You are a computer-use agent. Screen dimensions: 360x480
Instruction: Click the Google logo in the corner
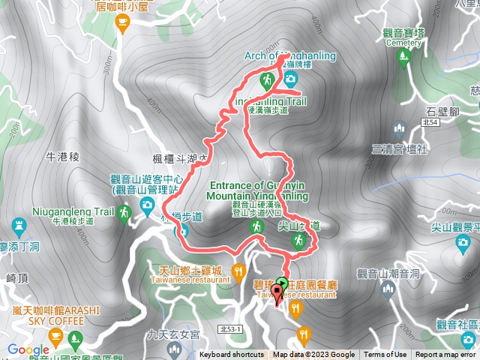28,349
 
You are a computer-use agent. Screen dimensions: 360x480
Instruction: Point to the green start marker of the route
282,283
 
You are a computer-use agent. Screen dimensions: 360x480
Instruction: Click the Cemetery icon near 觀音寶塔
406,55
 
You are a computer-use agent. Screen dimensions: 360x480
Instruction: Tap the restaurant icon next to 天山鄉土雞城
238,270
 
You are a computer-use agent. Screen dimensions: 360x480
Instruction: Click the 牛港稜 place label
63,157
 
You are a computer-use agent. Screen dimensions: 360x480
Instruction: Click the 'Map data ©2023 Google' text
313,355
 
